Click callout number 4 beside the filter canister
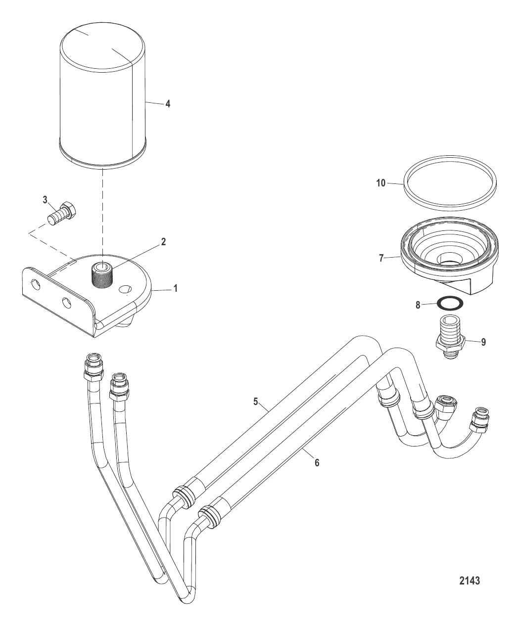pyautogui.click(x=168, y=104)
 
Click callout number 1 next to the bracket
pyautogui.click(x=175, y=288)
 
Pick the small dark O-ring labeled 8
pyautogui.click(x=451, y=302)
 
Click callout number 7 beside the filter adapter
pyautogui.click(x=381, y=258)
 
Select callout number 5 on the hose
pyautogui.click(x=256, y=402)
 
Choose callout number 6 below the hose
pyautogui.click(x=317, y=463)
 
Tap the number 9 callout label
pyautogui.click(x=483, y=342)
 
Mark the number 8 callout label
pyautogui.click(x=418, y=305)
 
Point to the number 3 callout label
pyautogui.click(x=45, y=200)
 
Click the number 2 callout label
pyautogui.click(x=163, y=242)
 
